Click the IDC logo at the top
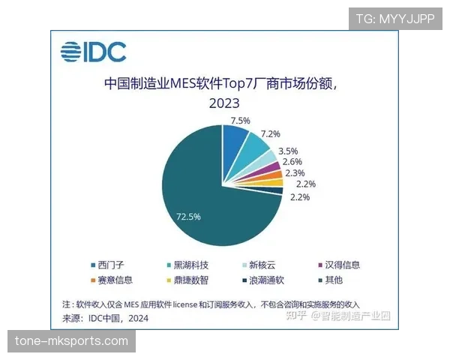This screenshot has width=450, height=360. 94,51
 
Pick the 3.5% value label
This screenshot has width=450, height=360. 289,151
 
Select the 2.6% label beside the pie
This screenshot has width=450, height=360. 292,162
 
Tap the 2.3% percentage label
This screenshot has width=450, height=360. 295,173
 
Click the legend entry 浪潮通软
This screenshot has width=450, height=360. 262,280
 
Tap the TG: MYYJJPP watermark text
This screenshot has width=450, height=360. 395,18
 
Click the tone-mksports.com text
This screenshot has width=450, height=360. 72,341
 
